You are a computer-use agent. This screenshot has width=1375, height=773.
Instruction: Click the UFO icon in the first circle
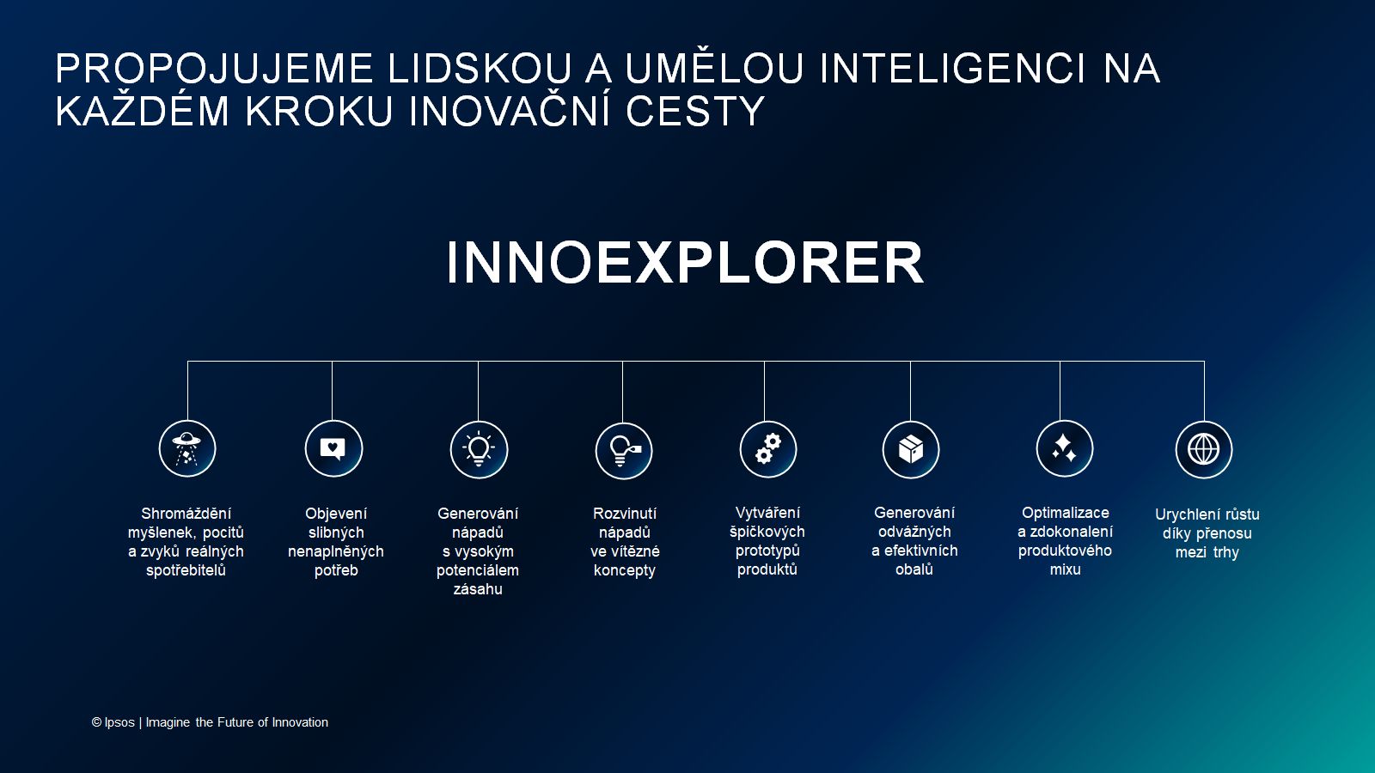187,448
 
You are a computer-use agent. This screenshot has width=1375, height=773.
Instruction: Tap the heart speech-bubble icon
333,448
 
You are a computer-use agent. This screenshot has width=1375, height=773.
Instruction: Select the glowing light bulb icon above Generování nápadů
479,449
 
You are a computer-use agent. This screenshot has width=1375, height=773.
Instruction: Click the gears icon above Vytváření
767,449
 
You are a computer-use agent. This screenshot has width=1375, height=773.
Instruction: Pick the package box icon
911,449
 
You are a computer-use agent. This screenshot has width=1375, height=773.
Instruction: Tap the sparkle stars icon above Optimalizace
1064,448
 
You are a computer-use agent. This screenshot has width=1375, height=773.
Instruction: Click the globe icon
1203,449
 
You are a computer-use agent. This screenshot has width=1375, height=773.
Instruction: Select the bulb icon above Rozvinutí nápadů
624,450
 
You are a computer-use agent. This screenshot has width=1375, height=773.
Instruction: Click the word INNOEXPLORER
685,262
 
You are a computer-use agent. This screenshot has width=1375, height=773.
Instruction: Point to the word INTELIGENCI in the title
953,69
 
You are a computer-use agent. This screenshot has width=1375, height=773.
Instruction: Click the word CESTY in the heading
694,112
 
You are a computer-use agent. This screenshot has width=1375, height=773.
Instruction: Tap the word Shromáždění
186,514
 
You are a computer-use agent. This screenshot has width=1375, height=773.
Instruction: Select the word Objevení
336,514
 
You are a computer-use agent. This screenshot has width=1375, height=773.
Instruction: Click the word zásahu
478,589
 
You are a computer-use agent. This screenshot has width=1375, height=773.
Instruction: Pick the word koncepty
625,570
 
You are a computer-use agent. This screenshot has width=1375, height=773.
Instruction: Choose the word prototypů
767,551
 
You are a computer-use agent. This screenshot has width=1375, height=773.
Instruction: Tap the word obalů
914,569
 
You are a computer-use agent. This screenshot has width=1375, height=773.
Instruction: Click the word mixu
1065,569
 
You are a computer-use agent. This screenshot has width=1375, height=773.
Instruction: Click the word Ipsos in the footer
119,722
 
